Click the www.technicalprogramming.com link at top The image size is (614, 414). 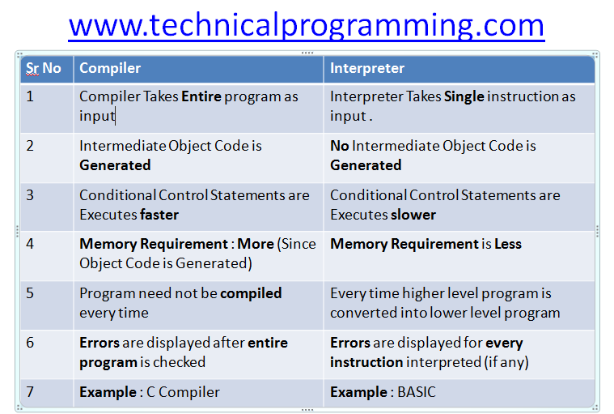(307, 26)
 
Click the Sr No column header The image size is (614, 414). (44, 68)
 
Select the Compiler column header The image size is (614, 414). (110, 68)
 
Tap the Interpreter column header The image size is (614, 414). (367, 68)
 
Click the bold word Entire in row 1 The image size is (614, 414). (201, 96)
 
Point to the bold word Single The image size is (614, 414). (464, 97)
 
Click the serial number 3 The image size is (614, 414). (30, 195)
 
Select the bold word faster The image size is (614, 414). (159, 215)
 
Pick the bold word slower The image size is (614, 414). (413, 215)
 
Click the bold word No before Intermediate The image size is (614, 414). (340, 146)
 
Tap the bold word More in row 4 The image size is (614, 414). (256, 244)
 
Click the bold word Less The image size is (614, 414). (508, 244)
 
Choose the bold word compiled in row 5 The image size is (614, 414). (251, 293)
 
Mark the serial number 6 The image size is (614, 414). (30, 343)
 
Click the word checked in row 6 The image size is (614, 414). (179, 362)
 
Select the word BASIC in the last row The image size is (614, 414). (417, 392)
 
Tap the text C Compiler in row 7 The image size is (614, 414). (183, 392)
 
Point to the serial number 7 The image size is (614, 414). (30, 392)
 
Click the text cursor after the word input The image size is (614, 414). (116, 117)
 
